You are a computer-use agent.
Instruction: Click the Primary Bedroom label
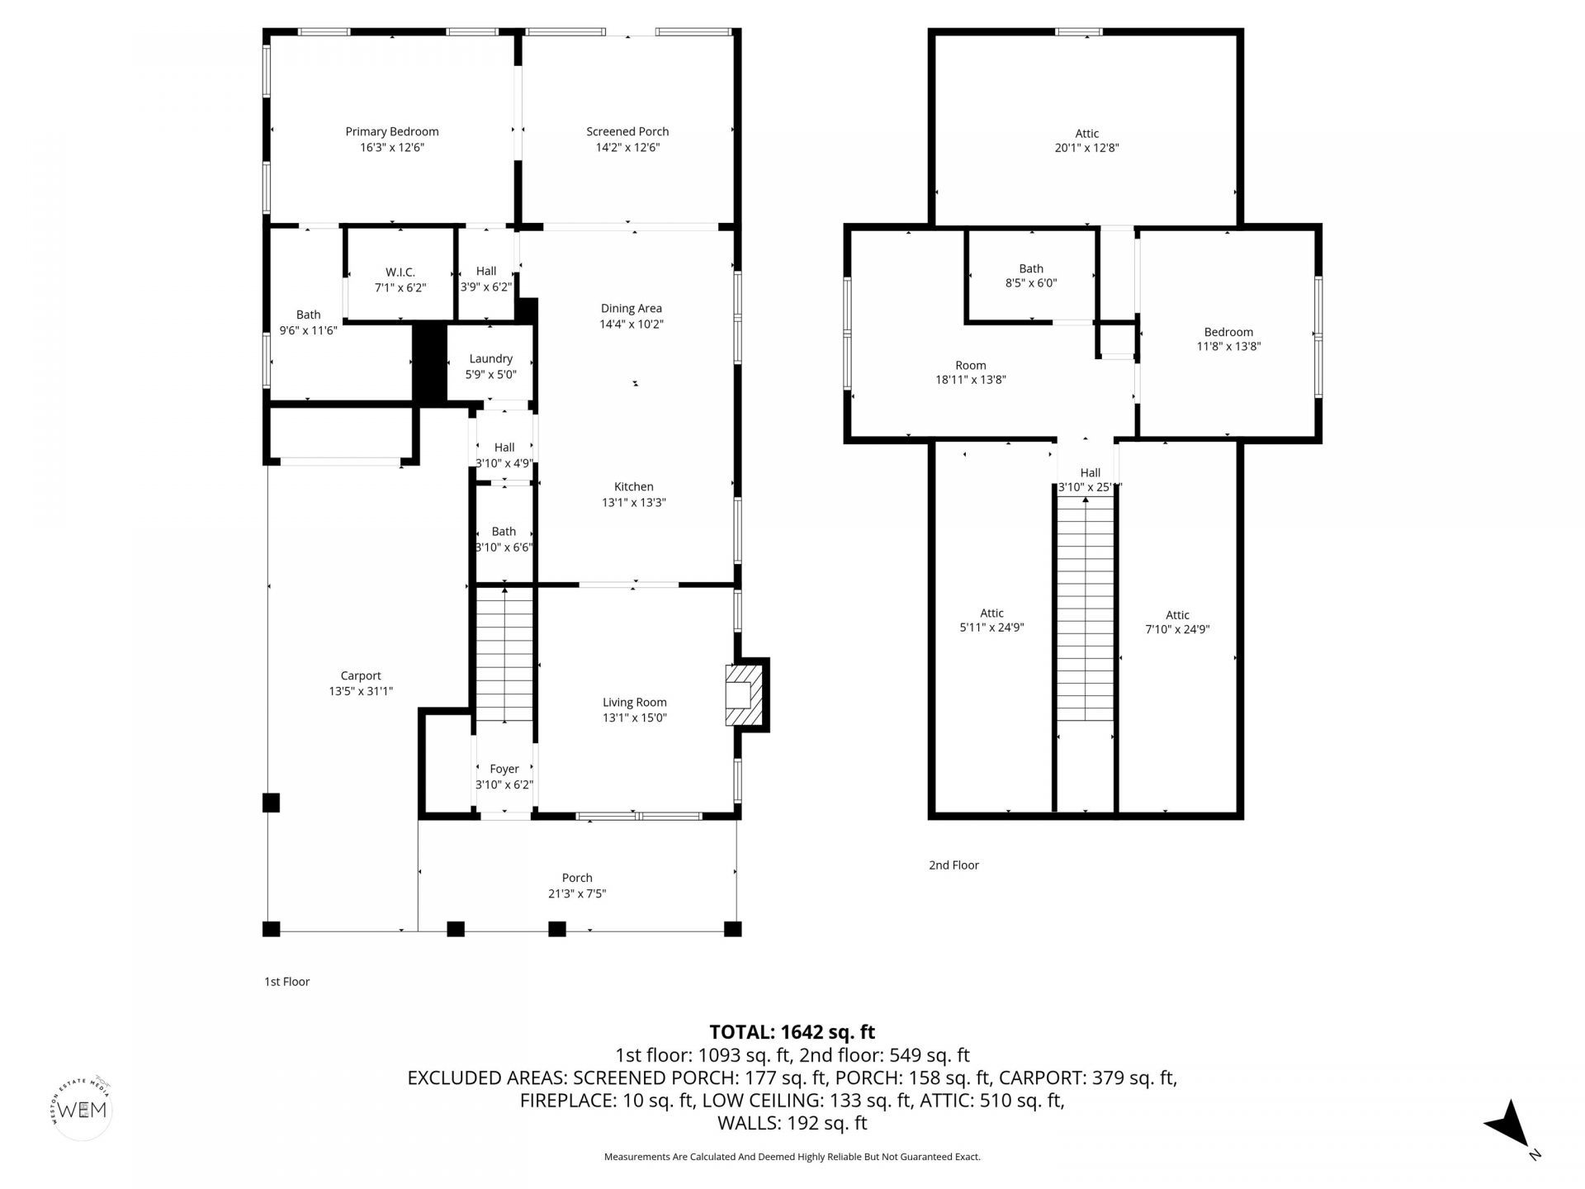(x=391, y=132)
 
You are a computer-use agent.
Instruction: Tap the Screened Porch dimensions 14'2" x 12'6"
(x=627, y=148)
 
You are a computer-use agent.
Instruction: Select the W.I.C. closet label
(x=400, y=272)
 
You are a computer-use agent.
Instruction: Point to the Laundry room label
(x=490, y=359)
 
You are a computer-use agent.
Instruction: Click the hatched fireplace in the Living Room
(x=740, y=695)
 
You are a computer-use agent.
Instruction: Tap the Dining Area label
(x=631, y=309)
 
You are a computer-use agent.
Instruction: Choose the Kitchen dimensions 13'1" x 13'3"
(x=633, y=502)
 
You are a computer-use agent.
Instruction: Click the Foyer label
(x=504, y=770)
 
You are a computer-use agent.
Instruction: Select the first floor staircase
(x=504, y=652)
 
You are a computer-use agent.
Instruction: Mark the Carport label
(x=361, y=676)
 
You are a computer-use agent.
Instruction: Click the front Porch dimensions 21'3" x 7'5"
(x=577, y=893)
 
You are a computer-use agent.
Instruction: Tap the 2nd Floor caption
(x=953, y=865)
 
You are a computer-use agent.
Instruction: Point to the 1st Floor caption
(x=286, y=982)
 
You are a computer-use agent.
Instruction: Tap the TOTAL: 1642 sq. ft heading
(x=792, y=1032)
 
